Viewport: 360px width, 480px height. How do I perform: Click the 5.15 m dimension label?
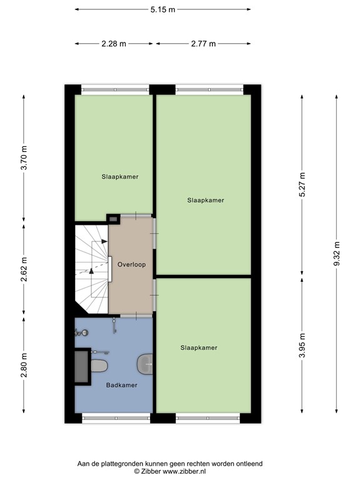[x=162, y=9]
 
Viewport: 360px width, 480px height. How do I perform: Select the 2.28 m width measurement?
[x=114, y=44]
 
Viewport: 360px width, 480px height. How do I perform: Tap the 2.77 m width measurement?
[x=204, y=44]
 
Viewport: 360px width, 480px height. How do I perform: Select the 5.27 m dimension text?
[x=302, y=185]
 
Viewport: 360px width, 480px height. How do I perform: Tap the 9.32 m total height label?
[x=337, y=255]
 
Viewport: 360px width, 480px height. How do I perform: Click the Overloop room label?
[x=131, y=264]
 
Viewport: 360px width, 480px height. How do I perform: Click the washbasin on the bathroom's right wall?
[x=145, y=362]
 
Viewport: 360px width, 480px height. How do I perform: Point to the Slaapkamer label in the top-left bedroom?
[x=120, y=177]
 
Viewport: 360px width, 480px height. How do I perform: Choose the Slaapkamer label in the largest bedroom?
[x=206, y=201]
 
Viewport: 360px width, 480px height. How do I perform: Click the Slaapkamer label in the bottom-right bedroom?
[x=199, y=347]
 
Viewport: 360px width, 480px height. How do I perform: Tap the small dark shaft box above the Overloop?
[x=114, y=219]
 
